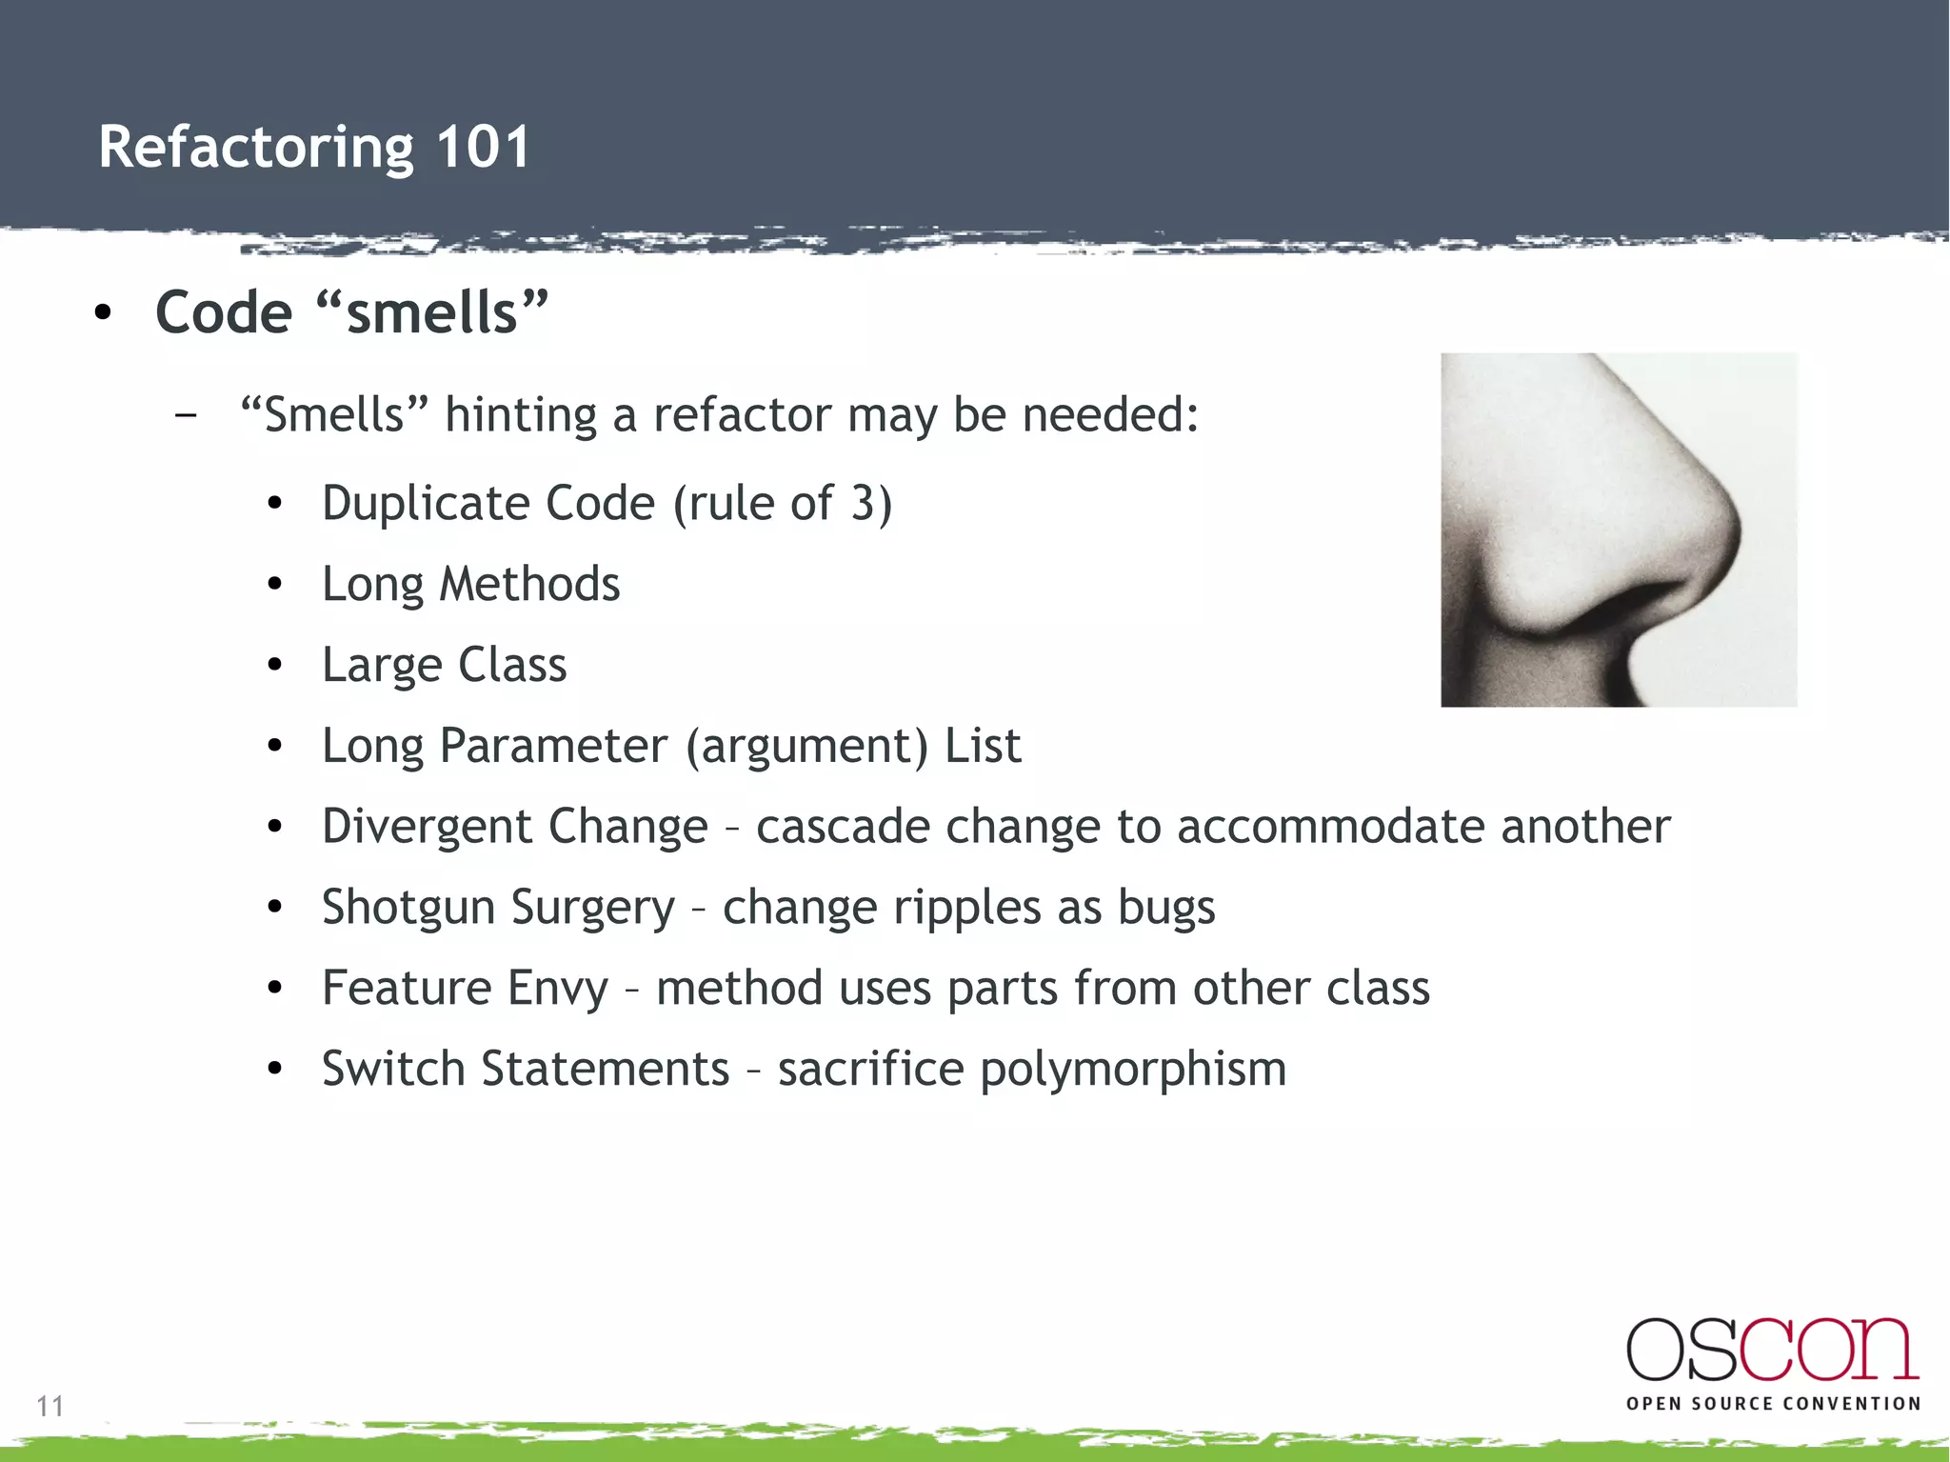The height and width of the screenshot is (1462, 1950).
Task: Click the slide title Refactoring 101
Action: [x=314, y=148]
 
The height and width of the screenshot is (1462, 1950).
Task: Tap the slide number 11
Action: [x=50, y=1406]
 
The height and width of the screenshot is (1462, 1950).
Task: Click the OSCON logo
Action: [x=1771, y=1351]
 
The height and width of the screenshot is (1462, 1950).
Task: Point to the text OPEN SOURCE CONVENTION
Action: [x=1773, y=1404]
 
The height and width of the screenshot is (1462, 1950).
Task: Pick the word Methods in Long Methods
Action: [x=528, y=584]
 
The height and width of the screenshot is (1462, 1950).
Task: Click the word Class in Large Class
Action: [x=512, y=665]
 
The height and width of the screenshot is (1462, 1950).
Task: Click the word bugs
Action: [x=1166, y=908]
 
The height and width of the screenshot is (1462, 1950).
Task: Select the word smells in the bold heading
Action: [x=431, y=313]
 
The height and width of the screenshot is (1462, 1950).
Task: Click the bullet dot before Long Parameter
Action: [x=275, y=747]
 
